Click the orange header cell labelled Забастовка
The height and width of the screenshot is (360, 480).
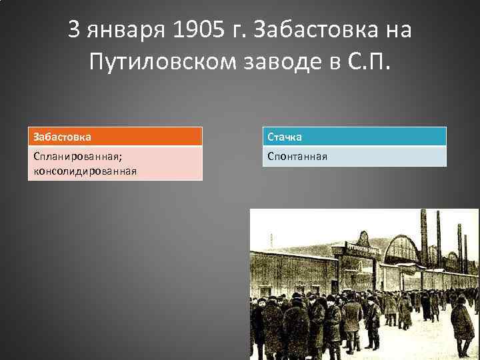click(x=115, y=137)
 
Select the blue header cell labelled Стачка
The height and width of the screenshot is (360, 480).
click(x=354, y=137)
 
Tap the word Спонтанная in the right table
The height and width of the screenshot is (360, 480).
click(x=297, y=157)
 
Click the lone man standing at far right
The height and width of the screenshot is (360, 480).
click(x=462, y=323)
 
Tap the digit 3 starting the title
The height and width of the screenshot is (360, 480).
click(x=75, y=30)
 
